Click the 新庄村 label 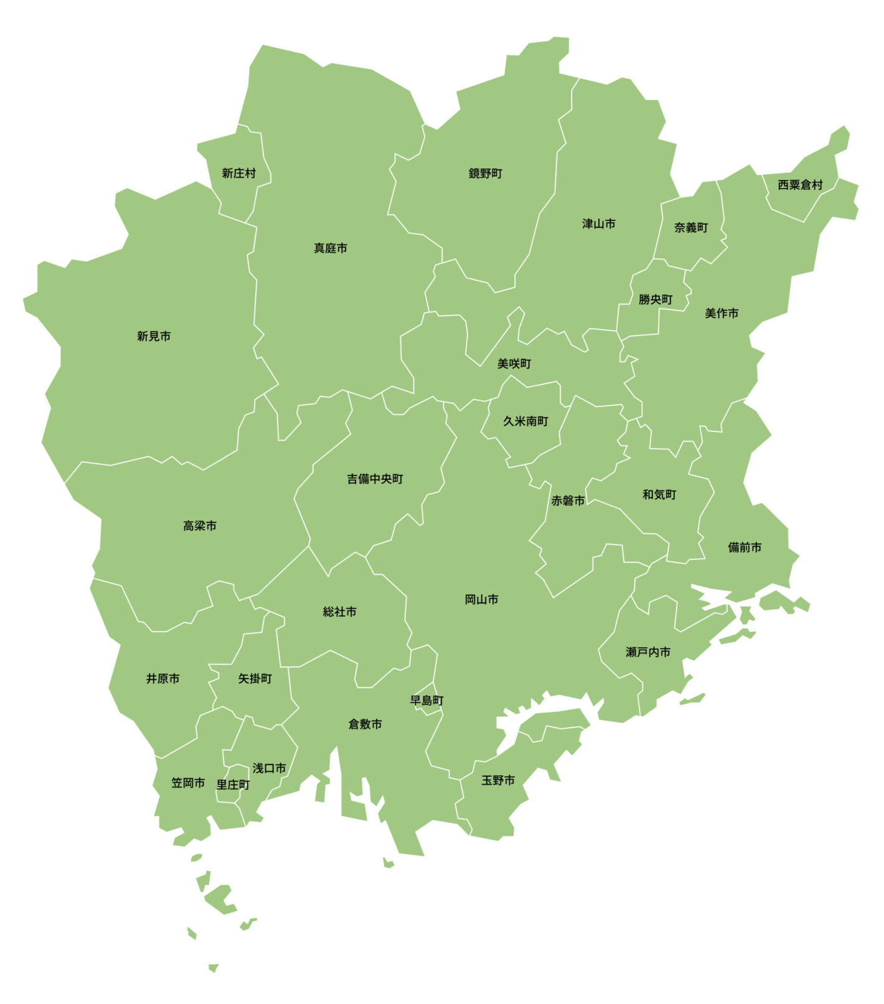coord(238,173)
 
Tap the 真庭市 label coord(331,248)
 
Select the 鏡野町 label coord(485,173)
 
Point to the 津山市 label coord(598,223)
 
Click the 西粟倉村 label coord(800,185)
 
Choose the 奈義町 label coord(691,227)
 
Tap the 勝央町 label coord(656,299)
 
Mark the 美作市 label coord(722,313)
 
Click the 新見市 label coord(154,336)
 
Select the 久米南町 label coord(525,421)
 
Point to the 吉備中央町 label coord(375,479)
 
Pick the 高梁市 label coord(200,526)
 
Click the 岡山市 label coord(481,599)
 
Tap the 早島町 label coord(426,700)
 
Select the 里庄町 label coord(233,785)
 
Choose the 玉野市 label coord(498,780)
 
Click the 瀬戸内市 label coord(648,652)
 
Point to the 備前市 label coord(745,547)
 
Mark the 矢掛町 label coord(255,678)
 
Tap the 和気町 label coord(659,494)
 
